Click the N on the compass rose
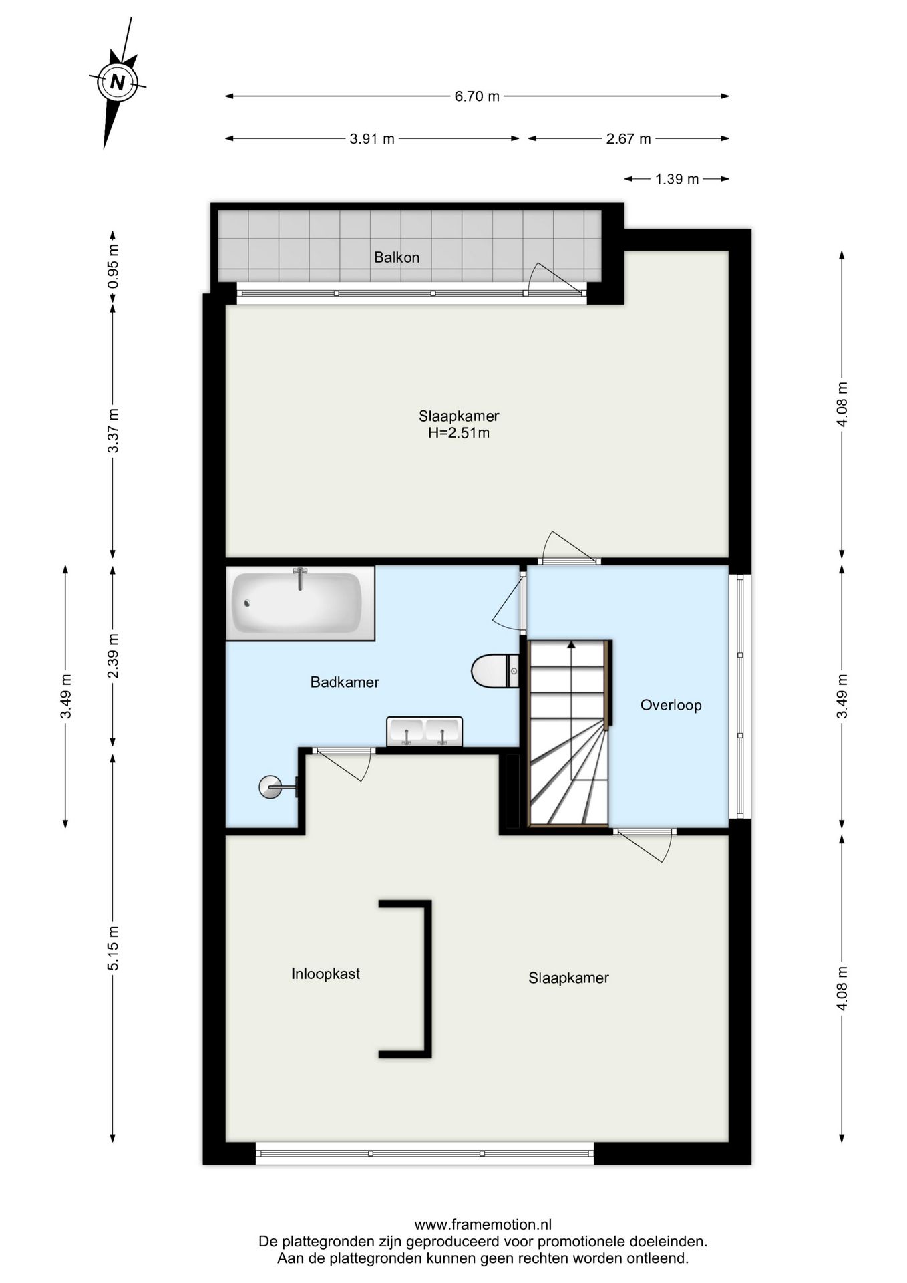point(118,82)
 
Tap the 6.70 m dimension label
point(477,96)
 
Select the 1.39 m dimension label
point(677,179)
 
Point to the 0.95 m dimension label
point(114,266)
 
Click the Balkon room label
point(397,257)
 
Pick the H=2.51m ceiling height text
point(459,433)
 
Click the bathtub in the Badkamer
point(300,603)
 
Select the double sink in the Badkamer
point(424,731)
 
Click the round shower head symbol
point(270,787)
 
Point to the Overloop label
point(671,705)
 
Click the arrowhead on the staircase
point(571,645)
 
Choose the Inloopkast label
point(325,974)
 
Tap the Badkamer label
point(345,682)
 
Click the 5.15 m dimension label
point(114,948)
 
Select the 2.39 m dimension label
point(114,656)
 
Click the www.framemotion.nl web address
point(483,1225)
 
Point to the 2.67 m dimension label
point(628,139)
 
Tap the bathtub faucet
point(301,578)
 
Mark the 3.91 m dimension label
point(372,139)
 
